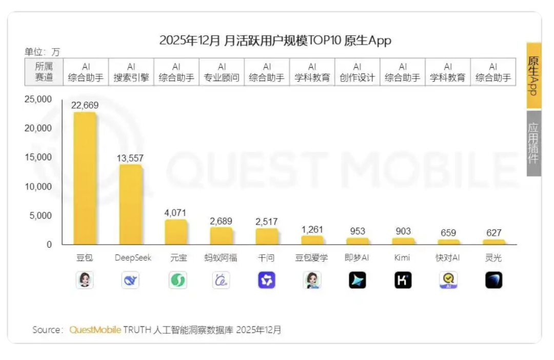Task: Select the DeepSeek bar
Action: (130, 205)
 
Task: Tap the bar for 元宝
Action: (175, 232)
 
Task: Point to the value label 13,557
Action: (130, 158)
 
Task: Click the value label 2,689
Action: (221, 221)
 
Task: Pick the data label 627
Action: (493, 233)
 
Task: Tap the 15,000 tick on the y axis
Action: (39, 157)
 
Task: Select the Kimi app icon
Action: (403, 280)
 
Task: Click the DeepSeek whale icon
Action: (130, 280)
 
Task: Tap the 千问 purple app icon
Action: (266, 280)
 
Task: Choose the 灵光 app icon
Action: (493, 280)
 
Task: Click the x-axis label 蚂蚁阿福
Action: (221, 258)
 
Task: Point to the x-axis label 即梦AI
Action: (357, 258)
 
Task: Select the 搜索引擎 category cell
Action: (131, 72)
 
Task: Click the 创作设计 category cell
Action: (357, 72)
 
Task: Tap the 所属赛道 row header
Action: (44, 72)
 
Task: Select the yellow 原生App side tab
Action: (533, 75)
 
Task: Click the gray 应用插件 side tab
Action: (533, 143)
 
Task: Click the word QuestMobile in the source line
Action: (95, 330)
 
